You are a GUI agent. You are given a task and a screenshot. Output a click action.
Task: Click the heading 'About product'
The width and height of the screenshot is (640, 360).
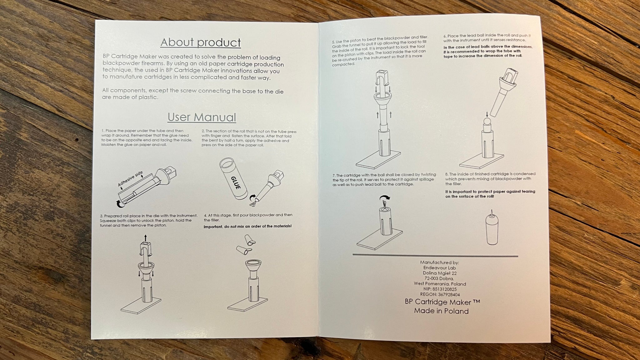coord(201,42)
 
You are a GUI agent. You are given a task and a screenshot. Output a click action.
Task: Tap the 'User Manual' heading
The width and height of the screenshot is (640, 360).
coord(202,117)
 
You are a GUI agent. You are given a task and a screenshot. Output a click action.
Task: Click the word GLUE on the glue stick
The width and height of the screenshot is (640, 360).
coord(236,182)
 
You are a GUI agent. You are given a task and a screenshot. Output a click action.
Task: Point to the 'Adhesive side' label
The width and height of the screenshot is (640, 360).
coord(130,179)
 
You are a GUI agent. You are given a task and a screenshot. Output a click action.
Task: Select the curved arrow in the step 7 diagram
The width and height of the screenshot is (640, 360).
coord(385,198)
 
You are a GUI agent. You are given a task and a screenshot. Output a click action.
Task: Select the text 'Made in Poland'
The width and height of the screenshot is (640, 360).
coord(441,311)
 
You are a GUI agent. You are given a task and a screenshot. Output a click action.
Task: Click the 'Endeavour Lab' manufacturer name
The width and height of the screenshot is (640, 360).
coord(440,268)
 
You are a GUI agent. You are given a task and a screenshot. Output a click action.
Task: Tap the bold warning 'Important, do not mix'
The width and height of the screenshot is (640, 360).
coord(247,226)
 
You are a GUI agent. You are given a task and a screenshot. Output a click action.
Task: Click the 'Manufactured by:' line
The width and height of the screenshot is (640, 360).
coord(439,262)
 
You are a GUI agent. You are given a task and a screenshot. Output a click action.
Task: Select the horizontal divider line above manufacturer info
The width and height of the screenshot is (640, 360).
coord(435,255)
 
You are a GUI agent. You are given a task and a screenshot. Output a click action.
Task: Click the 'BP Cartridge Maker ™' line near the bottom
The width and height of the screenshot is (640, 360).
coord(442,302)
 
